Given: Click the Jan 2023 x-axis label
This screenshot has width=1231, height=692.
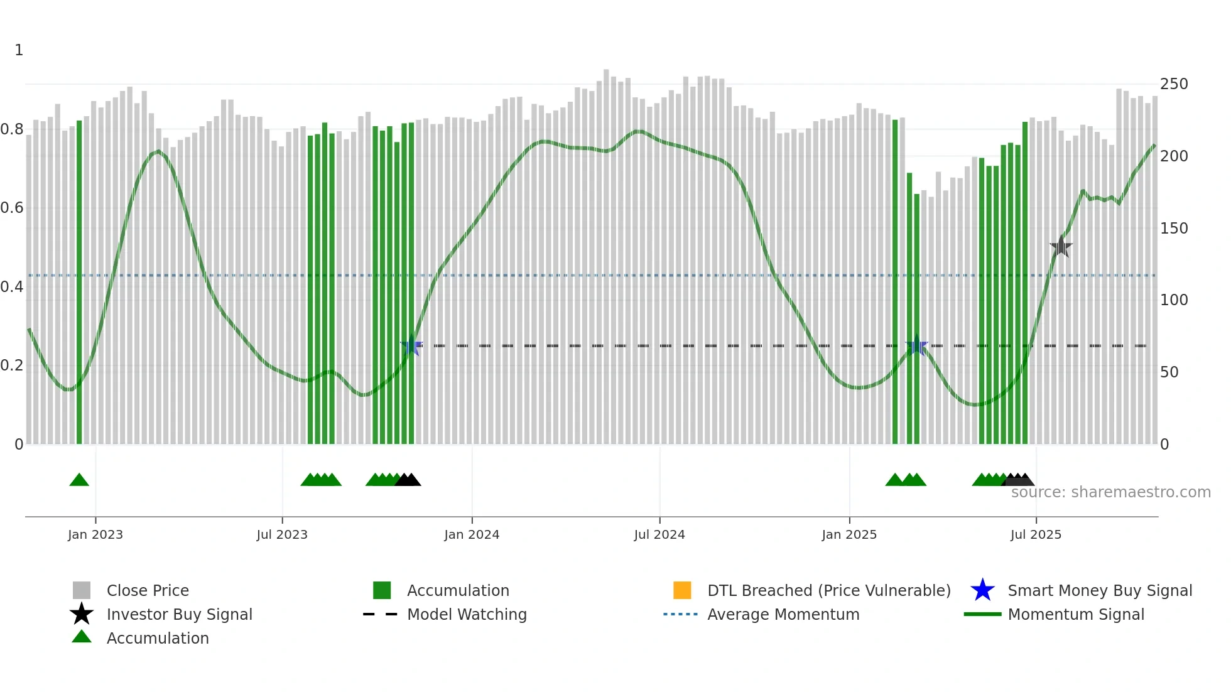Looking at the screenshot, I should [x=95, y=535].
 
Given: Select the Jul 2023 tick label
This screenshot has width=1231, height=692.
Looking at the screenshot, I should [x=282, y=535].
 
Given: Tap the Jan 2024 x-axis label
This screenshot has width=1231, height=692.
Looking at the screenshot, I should [x=472, y=535].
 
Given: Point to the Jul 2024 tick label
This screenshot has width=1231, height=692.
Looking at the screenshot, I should [x=659, y=535].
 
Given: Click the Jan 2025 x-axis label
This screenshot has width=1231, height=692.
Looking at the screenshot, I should [x=849, y=535].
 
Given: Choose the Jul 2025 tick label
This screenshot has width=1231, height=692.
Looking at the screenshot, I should [x=1036, y=535].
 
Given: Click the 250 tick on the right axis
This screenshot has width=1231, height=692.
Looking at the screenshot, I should [x=1174, y=84].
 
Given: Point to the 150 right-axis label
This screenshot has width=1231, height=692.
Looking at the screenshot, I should [x=1174, y=229].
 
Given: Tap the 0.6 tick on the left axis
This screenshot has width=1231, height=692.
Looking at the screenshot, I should [x=12, y=208].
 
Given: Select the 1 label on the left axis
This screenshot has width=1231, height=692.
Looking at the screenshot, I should [x=19, y=50].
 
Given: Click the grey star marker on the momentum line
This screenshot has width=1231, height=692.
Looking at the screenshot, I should [x=1061, y=247].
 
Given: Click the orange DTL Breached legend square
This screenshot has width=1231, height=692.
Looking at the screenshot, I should [x=682, y=590].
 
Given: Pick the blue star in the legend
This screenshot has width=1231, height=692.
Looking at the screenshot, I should [x=982, y=590].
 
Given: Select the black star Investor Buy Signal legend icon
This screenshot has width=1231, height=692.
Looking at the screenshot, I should [x=82, y=614].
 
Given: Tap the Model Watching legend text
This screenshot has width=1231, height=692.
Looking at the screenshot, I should [x=467, y=614].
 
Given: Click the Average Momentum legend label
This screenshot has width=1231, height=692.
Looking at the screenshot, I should [x=783, y=614].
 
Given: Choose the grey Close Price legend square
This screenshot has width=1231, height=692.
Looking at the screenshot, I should [x=82, y=590].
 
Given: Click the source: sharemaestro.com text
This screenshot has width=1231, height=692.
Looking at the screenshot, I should [x=1110, y=492].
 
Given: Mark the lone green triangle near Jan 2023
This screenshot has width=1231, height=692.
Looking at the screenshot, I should [x=79, y=480].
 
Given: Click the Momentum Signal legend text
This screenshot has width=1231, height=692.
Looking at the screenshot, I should [x=1076, y=614].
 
